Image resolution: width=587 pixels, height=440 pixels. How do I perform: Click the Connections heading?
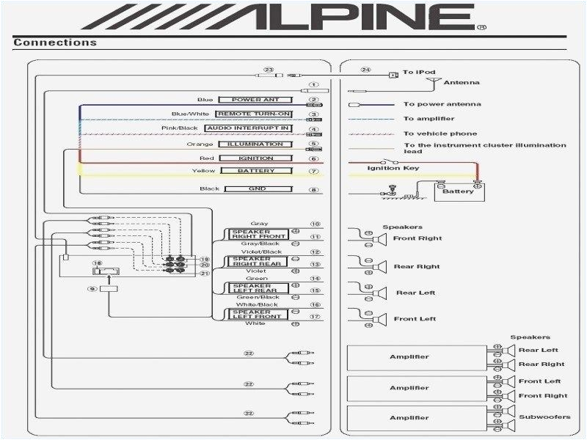pos(55,43)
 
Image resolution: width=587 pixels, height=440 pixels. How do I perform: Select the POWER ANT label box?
pos(257,100)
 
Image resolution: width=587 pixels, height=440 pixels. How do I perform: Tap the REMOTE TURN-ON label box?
pos(257,114)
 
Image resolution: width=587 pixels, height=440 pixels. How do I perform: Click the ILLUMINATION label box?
pos(257,144)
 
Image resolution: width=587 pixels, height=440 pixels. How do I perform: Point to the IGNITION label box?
pos(257,158)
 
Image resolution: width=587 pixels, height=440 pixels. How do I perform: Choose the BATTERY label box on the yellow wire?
pos(257,171)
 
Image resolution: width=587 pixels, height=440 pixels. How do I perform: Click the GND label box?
pos(257,188)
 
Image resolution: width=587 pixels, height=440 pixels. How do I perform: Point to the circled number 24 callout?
pos(366,70)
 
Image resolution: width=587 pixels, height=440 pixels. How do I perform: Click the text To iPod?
pos(417,72)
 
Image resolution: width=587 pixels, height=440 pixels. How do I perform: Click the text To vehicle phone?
pos(440,133)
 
